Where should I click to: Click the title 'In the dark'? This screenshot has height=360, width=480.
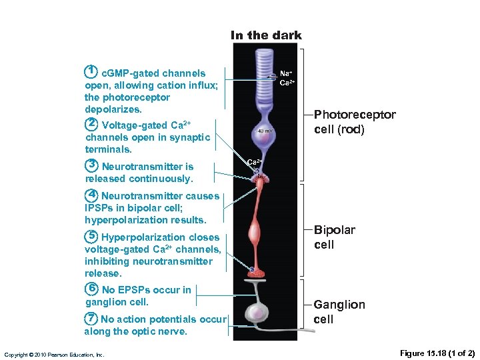(266, 35)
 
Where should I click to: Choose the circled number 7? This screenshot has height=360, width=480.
(92, 319)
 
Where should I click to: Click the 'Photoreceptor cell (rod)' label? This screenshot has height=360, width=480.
(354, 122)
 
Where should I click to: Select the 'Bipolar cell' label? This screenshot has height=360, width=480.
(334, 237)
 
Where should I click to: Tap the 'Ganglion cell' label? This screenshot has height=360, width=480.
(339, 311)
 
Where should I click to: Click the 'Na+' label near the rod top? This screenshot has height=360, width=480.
(285, 73)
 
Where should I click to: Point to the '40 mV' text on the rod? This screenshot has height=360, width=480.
(265, 131)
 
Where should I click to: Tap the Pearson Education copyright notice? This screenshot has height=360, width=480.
(53, 355)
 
